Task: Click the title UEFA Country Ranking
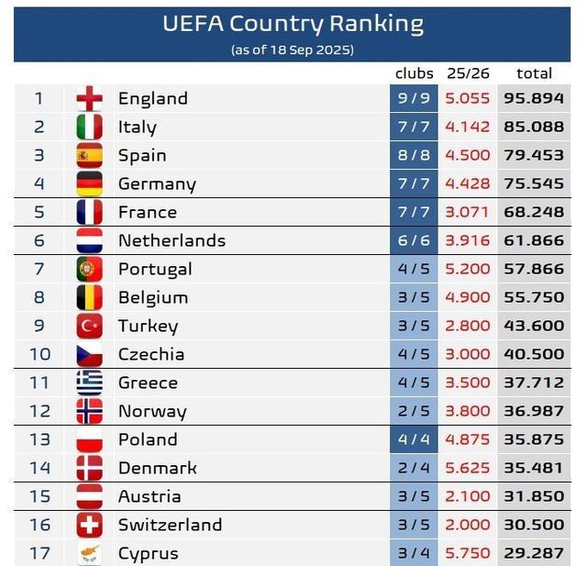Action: (293, 24)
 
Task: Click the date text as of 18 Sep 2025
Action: (293, 50)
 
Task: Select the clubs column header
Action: (415, 73)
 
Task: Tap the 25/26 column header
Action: (468, 73)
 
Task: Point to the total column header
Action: (534, 73)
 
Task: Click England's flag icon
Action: (89, 98)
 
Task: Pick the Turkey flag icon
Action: (89, 326)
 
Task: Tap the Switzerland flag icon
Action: (89, 525)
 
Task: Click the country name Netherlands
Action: (172, 240)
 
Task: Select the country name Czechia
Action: (151, 354)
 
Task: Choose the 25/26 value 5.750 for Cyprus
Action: (468, 553)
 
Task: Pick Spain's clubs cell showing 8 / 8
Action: (415, 155)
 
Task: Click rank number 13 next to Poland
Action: (39, 439)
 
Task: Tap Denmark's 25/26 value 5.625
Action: (468, 468)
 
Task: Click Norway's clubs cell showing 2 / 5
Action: (415, 411)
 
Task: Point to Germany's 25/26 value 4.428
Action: (468, 183)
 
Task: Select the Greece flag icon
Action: (89, 383)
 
